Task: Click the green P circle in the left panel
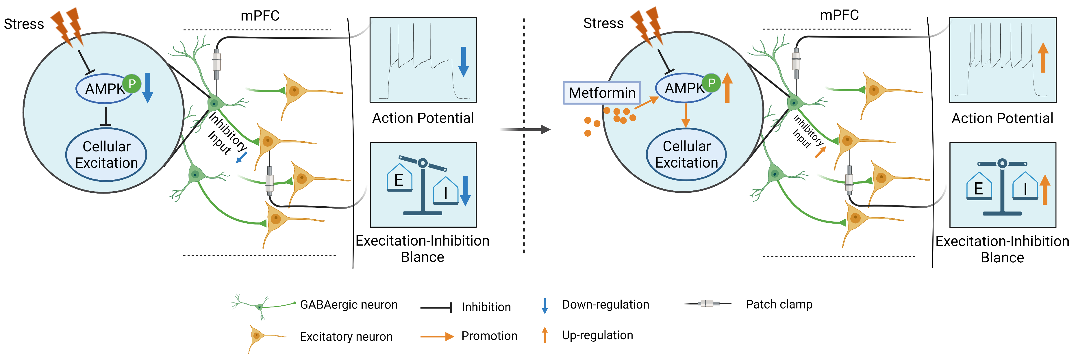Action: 132,84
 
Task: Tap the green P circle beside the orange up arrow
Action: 711,83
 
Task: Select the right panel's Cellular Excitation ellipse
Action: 686,154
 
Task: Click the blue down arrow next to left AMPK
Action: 147,88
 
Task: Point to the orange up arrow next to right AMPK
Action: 727,88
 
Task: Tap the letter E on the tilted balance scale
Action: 399,180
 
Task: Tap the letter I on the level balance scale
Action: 1025,190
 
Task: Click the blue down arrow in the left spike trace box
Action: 463,62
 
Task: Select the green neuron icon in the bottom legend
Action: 261,306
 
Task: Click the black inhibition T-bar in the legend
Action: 436,308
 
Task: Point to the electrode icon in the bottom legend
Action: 707,303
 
